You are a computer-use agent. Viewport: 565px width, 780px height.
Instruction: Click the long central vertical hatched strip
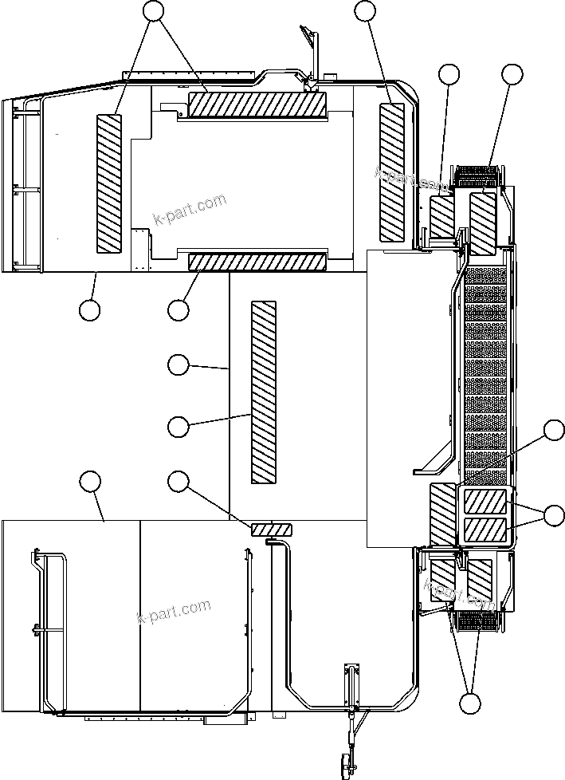pyautogui.click(x=264, y=392)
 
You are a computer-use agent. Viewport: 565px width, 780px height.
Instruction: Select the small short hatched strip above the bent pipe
pyautogui.click(x=272, y=530)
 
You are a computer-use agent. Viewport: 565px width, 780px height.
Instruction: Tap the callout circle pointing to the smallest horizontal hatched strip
pyautogui.click(x=179, y=480)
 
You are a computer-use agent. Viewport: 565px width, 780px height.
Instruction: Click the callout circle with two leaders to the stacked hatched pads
pyautogui.click(x=554, y=514)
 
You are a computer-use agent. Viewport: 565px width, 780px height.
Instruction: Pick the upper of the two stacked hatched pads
pyautogui.click(x=485, y=502)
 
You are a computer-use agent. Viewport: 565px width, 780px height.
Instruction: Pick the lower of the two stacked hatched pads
pyautogui.click(x=485, y=529)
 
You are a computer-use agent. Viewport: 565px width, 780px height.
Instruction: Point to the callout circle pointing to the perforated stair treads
pyautogui.click(x=554, y=431)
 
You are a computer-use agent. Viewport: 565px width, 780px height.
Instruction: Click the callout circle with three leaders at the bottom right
pyautogui.click(x=471, y=703)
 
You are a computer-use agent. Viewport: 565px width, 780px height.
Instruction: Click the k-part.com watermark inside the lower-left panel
pyautogui.click(x=174, y=612)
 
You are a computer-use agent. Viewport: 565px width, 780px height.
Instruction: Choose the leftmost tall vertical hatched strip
pyautogui.click(x=109, y=183)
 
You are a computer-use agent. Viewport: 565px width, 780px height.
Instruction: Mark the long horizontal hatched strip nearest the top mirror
pyautogui.click(x=257, y=104)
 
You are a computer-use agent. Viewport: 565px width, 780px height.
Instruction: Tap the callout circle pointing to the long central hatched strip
pyautogui.click(x=179, y=426)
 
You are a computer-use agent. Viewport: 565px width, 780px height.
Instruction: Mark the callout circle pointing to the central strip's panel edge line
pyautogui.click(x=179, y=364)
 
